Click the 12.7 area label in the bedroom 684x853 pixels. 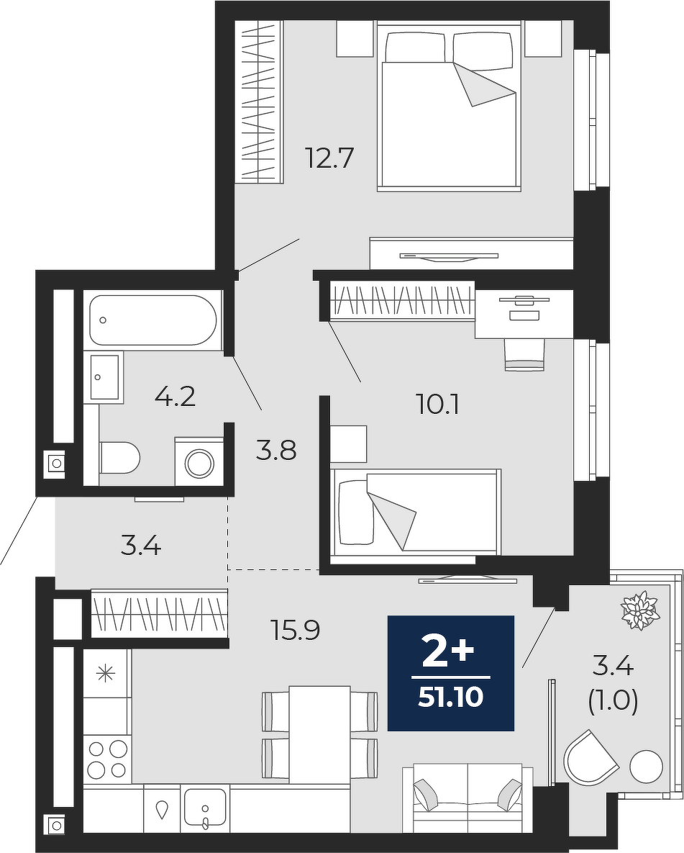[329, 158]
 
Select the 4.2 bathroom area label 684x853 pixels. [175, 397]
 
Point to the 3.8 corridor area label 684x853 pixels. [276, 451]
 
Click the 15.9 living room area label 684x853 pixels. [295, 631]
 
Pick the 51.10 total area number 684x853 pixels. [451, 697]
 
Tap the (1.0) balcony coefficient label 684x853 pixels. [613, 702]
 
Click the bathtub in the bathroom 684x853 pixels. [152, 320]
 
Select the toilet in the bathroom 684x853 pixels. [119, 458]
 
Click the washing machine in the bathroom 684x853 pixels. [199, 461]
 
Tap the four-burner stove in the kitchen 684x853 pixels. [107, 759]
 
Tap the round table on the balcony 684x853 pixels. [646, 767]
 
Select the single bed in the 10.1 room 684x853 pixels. [416, 513]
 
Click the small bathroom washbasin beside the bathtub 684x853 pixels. [104, 377]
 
